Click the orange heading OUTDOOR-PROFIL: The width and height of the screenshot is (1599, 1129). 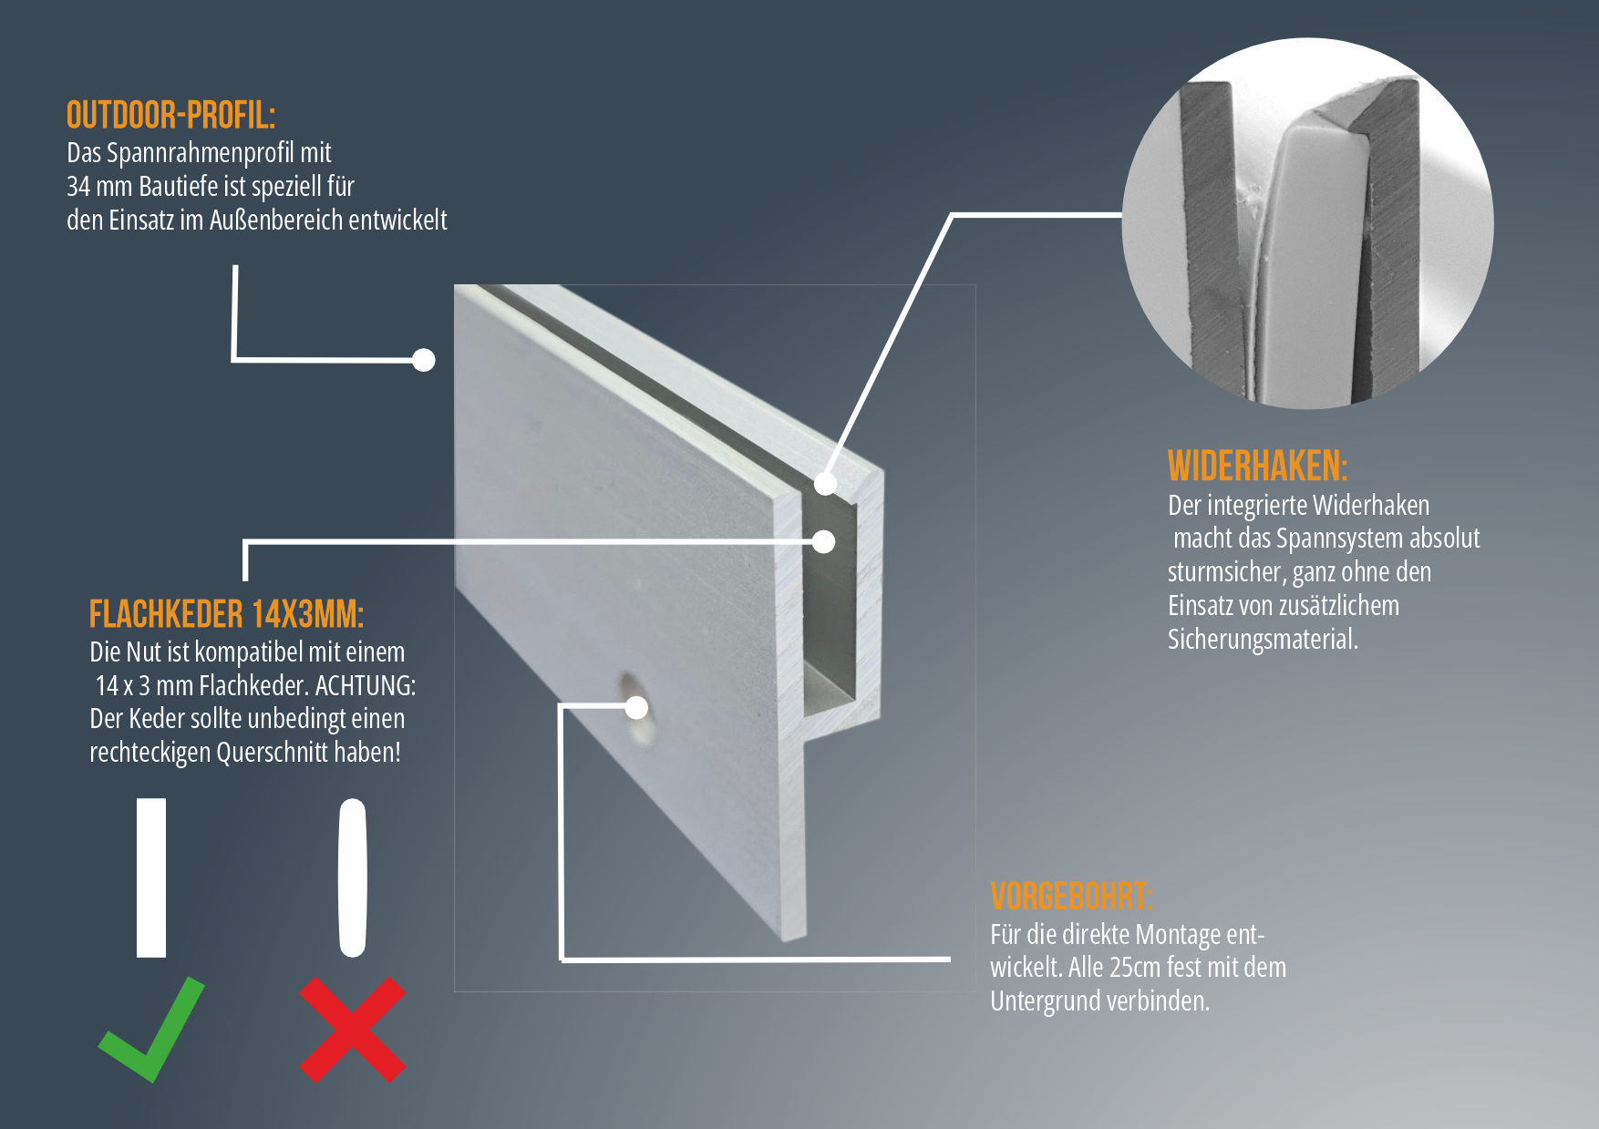click(x=170, y=116)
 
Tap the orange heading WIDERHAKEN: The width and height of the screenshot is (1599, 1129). click(x=1257, y=466)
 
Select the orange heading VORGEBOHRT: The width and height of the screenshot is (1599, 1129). click(x=1071, y=897)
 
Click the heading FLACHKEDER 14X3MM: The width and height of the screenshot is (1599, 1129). click(x=226, y=614)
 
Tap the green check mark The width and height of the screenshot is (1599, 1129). click(x=151, y=1030)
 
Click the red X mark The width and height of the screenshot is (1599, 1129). click(x=353, y=1030)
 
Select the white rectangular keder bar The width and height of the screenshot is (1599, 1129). click(x=151, y=878)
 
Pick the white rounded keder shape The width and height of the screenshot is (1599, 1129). click(x=352, y=878)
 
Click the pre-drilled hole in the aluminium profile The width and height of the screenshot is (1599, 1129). click(x=637, y=709)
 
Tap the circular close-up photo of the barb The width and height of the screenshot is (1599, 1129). click(x=1307, y=223)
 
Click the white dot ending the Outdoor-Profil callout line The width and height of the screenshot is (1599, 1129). click(x=423, y=360)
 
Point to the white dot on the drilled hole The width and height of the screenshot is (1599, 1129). click(x=636, y=707)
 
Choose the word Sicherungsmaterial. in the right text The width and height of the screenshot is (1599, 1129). click(x=1263, y=640)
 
